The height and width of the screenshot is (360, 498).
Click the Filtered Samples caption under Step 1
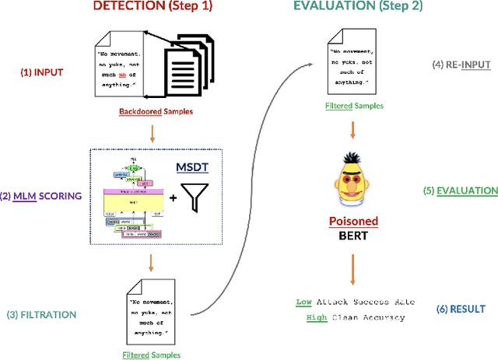point(152,355)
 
